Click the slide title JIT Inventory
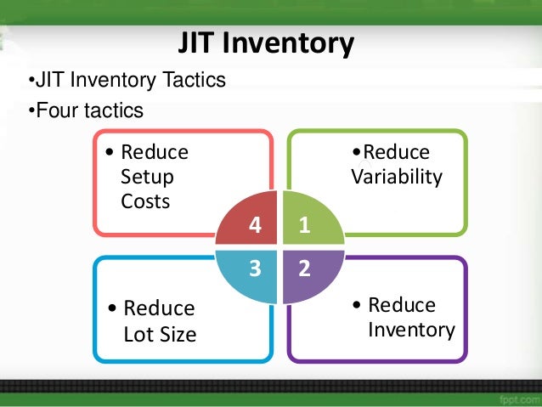click(x=265, y=43)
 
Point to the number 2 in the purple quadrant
click(x=304, y=269)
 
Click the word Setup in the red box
click(x=147, y=178)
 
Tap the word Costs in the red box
click(x=145, y=201)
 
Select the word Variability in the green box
click(x=397, y=177)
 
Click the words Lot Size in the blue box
click(x=160, y=334)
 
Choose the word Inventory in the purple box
click(x=411, y=329)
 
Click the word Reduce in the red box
click(x=155, y=153)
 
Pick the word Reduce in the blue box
click(x=160, y=308)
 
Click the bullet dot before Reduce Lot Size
click(x=112, y=308)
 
